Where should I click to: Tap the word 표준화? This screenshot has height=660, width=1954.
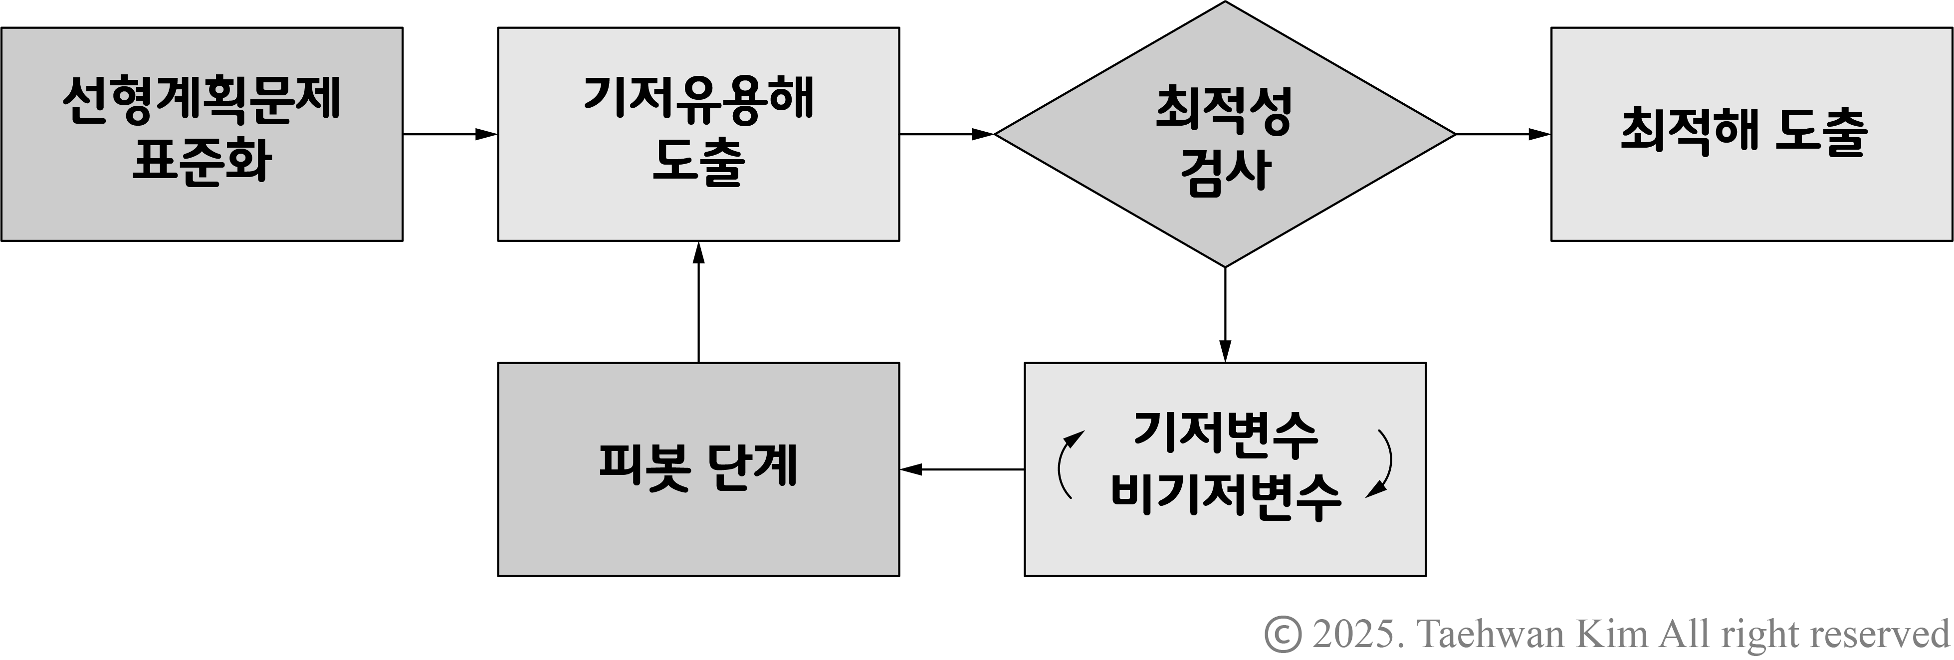click(x=202, y=161)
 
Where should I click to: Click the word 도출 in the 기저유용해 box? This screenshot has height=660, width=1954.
click(x=698, y=161)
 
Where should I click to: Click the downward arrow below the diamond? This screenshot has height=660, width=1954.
click(x=1225, y=315)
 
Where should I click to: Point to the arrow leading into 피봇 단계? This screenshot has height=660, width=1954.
click(x=961, y=469)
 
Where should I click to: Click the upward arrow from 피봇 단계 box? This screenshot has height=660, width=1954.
click(x=698, y=301)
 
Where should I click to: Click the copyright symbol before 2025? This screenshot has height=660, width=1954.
click(x=1283, y=634)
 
